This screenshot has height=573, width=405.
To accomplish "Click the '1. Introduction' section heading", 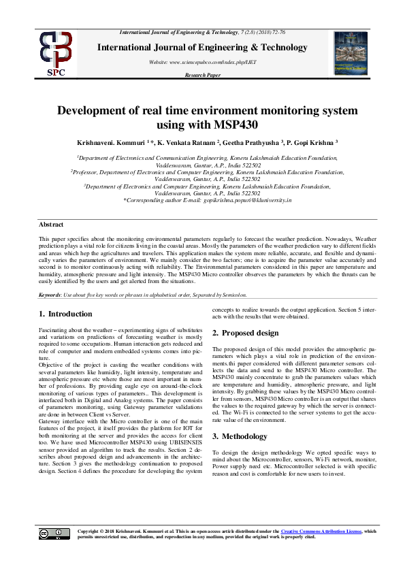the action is (x=65, y=314).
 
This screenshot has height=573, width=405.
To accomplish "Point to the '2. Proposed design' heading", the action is (x=246, y=333).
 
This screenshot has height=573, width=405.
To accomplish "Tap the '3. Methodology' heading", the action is (x=240, y=416).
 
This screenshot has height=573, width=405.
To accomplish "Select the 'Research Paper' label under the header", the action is (x=202, y=75).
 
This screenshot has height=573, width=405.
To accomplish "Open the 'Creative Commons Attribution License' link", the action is (x=321, y=531).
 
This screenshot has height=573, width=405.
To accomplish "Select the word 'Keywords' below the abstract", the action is (x=50, y=295).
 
